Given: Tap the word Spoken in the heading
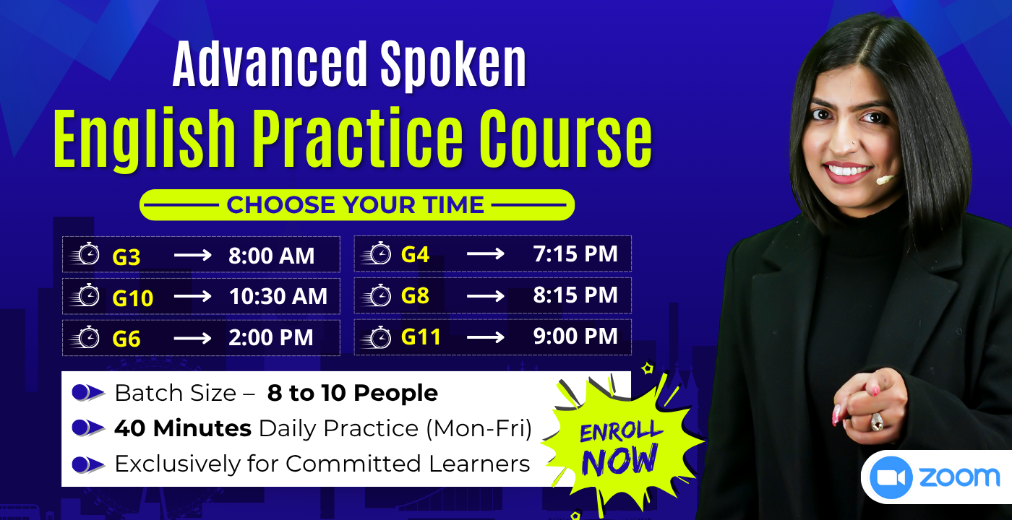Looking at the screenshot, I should tap(453, 65).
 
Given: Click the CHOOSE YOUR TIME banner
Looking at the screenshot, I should tap(356, 205).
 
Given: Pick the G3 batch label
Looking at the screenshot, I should tap(126, 256).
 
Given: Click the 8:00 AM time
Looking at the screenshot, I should tap(272, 256).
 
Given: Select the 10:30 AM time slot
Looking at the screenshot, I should tap(278, 297).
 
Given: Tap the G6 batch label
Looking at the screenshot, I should tap(126, 339).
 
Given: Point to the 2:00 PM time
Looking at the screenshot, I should tap(271, 338).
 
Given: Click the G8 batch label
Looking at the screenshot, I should tap(415, 295).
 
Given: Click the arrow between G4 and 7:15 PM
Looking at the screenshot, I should tap(485, 254).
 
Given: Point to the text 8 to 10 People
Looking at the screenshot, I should tap(352, 393).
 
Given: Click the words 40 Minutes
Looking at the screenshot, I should tap(183, 428).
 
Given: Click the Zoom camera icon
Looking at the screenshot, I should tap(891, 477).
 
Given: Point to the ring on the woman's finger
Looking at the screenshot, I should tap(877, 421).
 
